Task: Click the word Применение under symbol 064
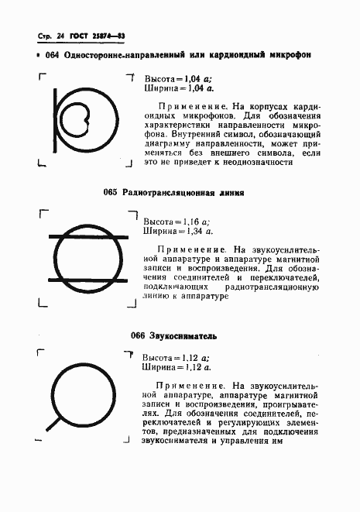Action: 183,105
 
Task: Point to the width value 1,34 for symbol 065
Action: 196,230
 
